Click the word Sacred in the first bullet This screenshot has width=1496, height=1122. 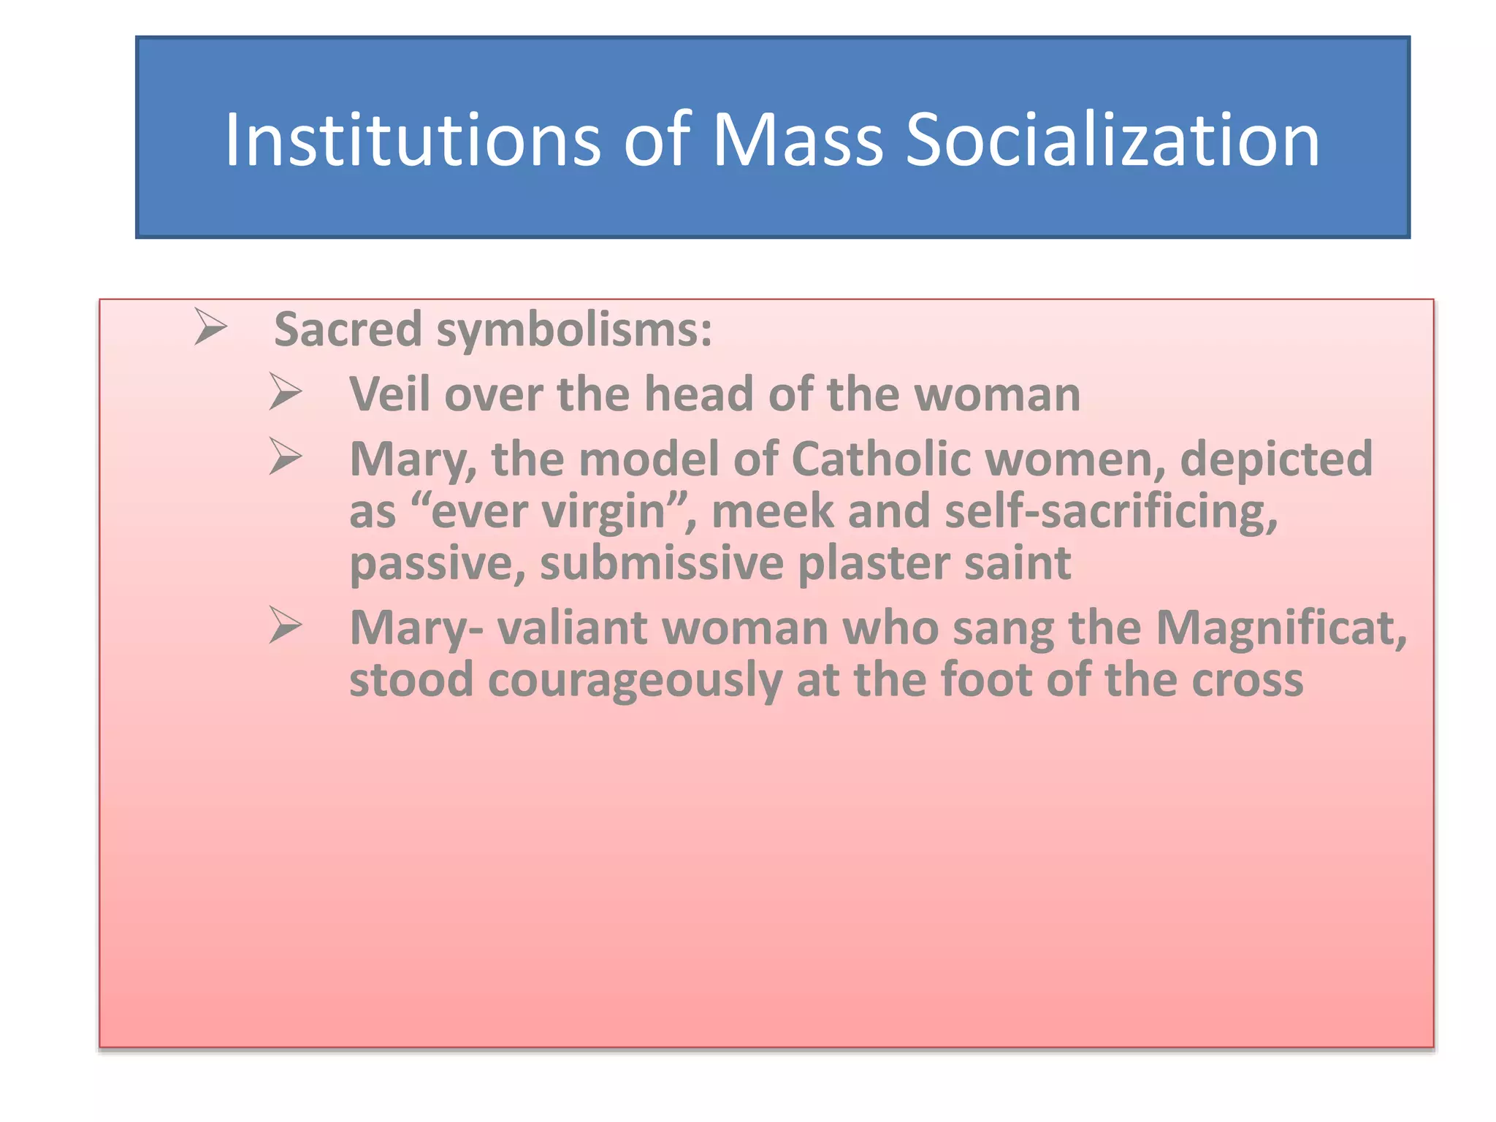(x=348, y=329)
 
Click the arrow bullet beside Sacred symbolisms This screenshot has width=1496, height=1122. (x=210, y=327)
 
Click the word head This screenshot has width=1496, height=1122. (x=699, y=394)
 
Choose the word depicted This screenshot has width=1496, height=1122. (x=1276, y=460)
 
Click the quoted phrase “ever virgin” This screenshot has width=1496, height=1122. (x=549, y=511)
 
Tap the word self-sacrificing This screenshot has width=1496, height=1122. (x=1111, y=511)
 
